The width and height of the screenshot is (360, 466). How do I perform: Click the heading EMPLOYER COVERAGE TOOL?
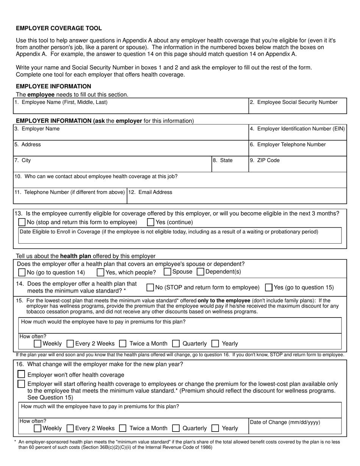point(59,28)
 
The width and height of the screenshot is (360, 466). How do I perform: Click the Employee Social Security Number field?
point(297,109)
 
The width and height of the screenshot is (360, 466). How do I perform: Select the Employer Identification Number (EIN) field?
point(297,135)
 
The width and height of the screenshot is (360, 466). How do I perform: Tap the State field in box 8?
point(230,167)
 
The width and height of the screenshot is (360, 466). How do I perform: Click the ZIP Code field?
point(297,167)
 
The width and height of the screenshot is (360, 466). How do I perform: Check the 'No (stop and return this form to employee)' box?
point(22,222)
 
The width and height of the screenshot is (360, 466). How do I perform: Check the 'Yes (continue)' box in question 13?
point(150,222)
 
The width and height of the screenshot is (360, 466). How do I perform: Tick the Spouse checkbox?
point(167,272)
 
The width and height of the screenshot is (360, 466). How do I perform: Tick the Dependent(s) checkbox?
point(201,272)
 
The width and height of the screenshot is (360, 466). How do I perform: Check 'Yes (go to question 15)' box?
point(269,288)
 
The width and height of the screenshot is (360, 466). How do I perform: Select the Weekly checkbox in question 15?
point(38,344)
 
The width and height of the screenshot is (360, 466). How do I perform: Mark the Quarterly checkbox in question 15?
point(176,344)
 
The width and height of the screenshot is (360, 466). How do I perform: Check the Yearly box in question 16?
point(215,428)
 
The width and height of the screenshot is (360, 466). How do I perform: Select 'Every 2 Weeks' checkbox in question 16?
point(70,428)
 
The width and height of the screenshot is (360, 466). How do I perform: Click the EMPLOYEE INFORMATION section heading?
point(53,86)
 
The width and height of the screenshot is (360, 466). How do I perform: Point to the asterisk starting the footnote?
point(15,442)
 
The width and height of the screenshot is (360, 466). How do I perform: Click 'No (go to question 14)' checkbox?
point(22,272)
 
